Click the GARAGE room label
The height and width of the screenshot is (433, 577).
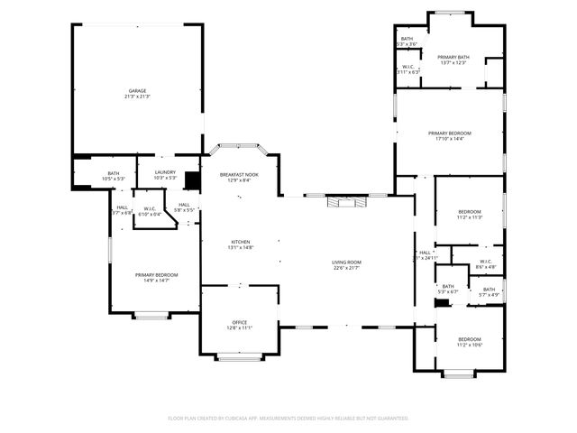pyautogui.click(x=137, y=90)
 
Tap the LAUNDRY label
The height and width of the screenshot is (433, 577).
pyautogui.click(x=165, y=171)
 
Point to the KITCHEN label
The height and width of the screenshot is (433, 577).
pyautogui.click(x=240, y=242)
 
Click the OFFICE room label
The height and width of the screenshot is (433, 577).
pyautogui.click(x=240, y=322)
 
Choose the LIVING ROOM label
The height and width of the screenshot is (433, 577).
pyautogui.click(x=346, y=262)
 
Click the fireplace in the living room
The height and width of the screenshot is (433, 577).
pyautogui.click(x=347, y=202)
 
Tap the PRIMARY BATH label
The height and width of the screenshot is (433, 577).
pyautogui.click(x=453, y=57)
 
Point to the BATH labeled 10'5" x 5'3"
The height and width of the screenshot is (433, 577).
pyautogui.click(x=114, y=173)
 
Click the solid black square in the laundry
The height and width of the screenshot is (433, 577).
pyautogui.click(x=191, y=180)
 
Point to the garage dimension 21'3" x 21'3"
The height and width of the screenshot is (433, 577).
pyautogui.click(x=137, y=97)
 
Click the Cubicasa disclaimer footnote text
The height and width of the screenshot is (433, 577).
pyautogui.click(x=288, y=419)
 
